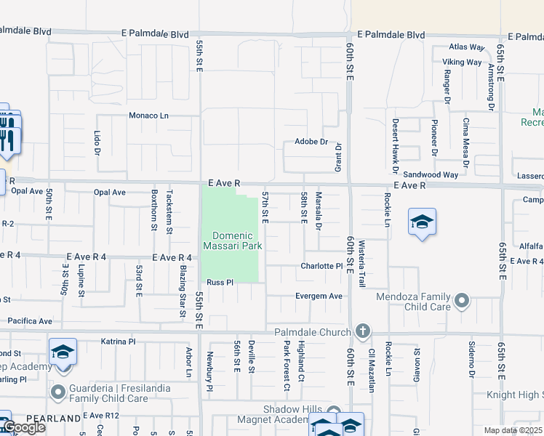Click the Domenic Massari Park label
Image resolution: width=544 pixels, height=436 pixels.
233,241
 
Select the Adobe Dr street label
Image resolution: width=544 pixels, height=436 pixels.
311,142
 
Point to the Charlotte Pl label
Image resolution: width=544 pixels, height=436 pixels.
321,267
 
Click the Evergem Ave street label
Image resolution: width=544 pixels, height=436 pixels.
318,296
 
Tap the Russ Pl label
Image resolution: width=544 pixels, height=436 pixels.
219,282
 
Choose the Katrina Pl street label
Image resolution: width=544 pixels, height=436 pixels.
118,341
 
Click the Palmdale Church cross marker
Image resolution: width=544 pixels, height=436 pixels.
364,332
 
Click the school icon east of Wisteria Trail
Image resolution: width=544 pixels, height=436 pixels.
422,222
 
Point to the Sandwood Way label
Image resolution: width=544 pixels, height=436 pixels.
431,175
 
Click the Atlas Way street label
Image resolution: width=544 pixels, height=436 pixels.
467,48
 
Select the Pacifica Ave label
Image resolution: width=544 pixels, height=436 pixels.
30,320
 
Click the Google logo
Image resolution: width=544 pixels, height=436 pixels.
23,427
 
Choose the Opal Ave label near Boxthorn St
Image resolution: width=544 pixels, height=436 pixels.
110,193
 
